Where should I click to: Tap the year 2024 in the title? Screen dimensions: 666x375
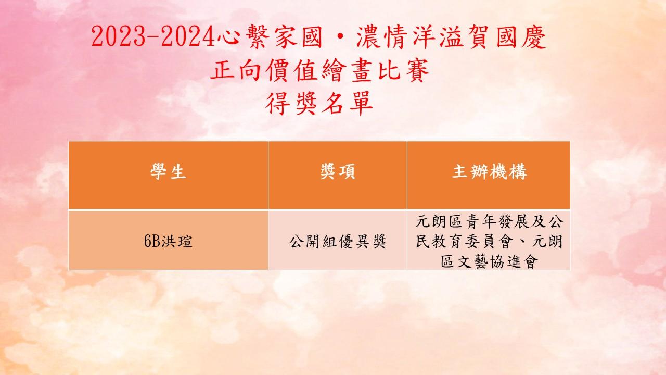point(188,37)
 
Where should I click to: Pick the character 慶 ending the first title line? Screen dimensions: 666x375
point(534,37)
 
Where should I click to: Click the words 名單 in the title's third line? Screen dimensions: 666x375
point(347,103)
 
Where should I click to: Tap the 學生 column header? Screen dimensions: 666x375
point(168,172)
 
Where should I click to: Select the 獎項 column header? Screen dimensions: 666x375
point(338,172)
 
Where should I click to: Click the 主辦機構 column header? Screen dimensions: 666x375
point(489,172)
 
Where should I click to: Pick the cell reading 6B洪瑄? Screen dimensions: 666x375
point(168,241)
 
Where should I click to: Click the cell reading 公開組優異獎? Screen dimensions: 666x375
point(338,241)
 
